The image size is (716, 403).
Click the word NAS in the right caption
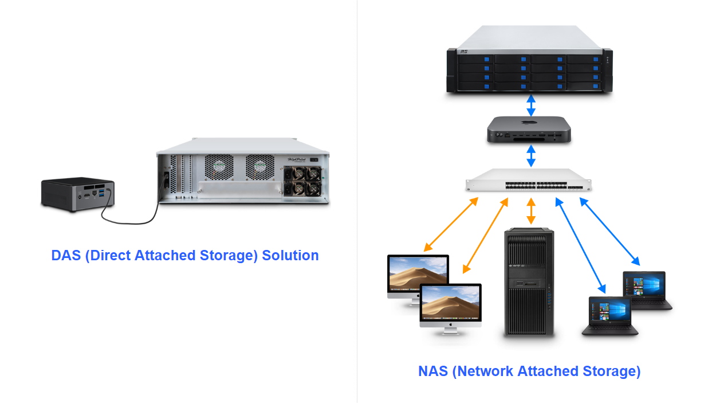pyautogui.click(x=432, y=371)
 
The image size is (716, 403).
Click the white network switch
pyautogui.click(x=529, y=182)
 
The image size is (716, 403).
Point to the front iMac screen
pyautogui.click(x=451, y=303)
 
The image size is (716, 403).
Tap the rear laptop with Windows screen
pyautogui.click(x=644, y=288)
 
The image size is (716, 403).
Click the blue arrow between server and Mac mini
pyautogui.click(x=531, y=105)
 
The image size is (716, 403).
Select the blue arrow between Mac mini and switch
pyautogui.click(x=531, y=155)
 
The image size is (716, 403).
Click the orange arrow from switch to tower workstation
pyautogui.click(x=531, y=211)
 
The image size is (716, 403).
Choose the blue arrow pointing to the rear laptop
pyautogui.click(x=610, y=232)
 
